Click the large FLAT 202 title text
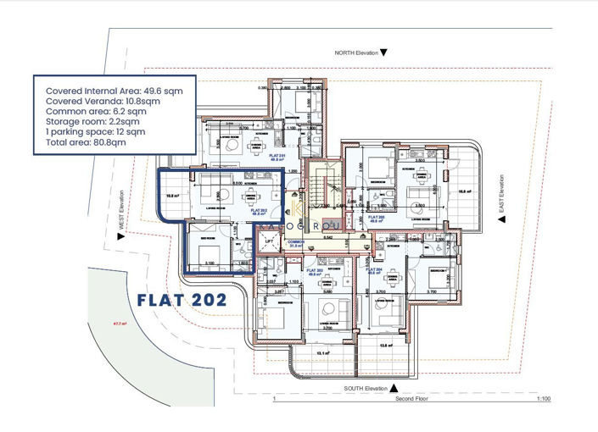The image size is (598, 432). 182,299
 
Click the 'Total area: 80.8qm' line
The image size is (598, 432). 86,143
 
